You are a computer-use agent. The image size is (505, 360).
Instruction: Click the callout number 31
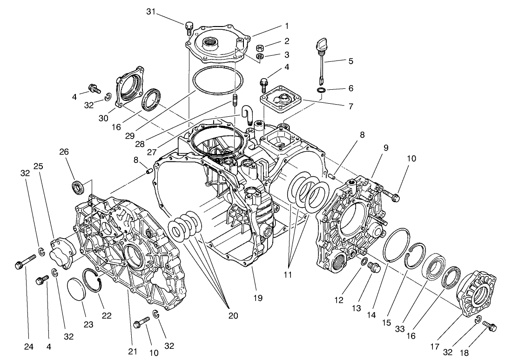click(x=150, y=12)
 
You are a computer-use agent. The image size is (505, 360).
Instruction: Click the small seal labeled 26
click(x=78, y=187)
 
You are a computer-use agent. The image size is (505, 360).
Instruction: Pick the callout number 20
click(x=233, y=316)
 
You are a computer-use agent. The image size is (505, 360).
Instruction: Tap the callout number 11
click(x=288, y=275)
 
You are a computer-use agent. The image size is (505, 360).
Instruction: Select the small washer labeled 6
click(x=321, y=89)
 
